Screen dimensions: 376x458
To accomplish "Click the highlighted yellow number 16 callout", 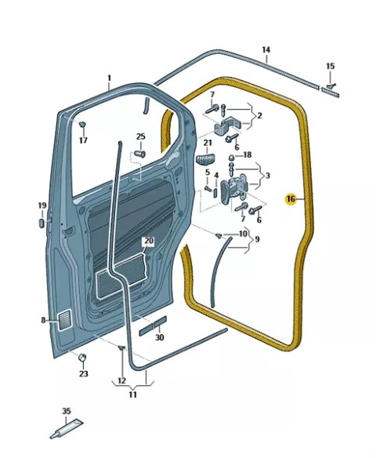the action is [291, 199].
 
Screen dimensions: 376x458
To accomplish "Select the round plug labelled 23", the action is [82, 357].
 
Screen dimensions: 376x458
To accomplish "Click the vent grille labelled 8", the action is [65, 321].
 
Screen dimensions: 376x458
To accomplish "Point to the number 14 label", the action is [266, 49].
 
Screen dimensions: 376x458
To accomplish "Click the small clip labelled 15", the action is [331, 86].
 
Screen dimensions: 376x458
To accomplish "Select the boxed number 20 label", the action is [149, 241].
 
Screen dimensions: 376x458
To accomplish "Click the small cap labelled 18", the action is [231, 158].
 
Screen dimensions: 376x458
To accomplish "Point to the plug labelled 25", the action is [140, 154].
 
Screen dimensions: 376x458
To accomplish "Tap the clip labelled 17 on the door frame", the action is [82, 124].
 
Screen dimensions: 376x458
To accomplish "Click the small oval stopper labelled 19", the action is [42, 224].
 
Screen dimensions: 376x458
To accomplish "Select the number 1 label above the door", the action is [109, 78].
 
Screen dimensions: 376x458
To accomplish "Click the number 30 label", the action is [160, 338].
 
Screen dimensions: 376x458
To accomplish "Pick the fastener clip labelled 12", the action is [122, 347].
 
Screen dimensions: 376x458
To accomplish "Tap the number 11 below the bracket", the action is [132, 395].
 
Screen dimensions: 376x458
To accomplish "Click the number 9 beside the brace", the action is [257, 239].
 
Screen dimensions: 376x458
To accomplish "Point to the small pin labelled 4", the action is [216, 193].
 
